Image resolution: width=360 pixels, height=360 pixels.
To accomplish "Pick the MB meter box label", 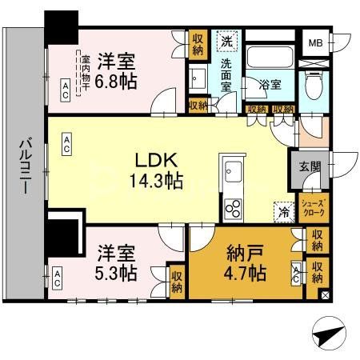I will coord(317,42).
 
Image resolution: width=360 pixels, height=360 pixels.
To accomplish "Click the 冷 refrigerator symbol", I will coord(282,211).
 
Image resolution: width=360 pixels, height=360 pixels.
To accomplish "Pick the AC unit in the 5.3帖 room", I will coord(58,278).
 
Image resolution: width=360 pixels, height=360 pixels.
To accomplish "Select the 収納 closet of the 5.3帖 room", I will coord(177,282).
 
